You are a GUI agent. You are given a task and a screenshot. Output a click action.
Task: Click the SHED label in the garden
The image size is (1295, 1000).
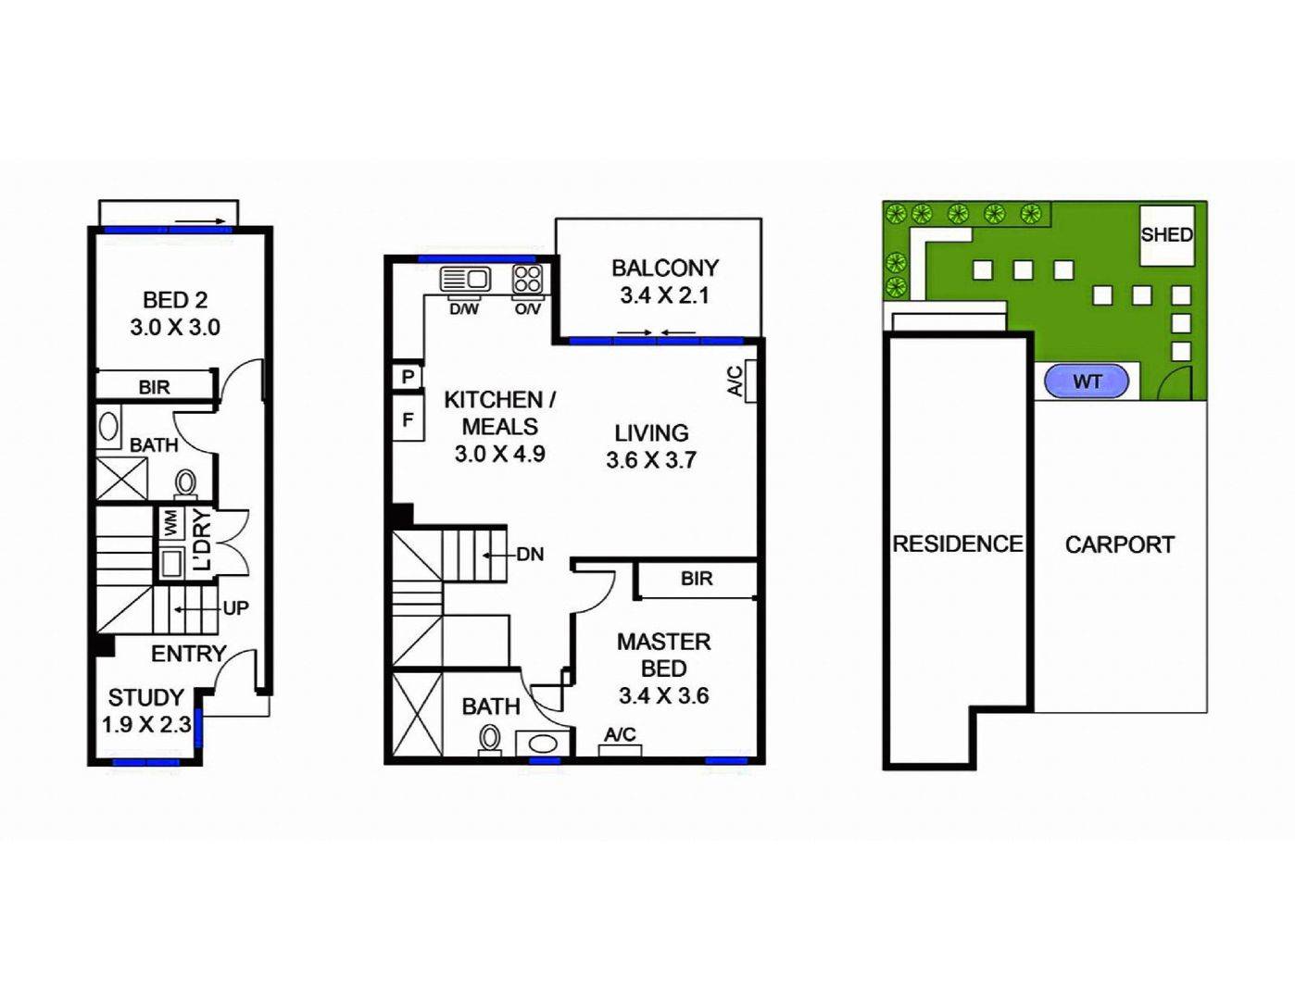click(1166, 235)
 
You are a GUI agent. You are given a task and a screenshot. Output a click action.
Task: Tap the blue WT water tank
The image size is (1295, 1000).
click(1087, 381)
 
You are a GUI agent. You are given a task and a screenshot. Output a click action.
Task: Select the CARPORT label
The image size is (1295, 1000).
click(1119, 544)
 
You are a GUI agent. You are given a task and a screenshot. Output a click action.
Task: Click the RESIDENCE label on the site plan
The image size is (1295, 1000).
click(957, 544)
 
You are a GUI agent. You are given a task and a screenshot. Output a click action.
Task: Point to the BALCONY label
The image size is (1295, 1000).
click(665, 269)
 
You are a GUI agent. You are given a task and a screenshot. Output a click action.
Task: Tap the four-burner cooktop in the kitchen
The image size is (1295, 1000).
click(528, 279)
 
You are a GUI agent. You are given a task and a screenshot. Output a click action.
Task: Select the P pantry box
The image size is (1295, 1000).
click(408, 378)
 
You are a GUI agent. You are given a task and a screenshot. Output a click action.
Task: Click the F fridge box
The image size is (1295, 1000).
click(408, 420)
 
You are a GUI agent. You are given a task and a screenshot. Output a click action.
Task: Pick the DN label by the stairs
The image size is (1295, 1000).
click(530, 555)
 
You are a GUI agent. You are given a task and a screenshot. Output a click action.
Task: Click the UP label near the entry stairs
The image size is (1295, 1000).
click(235, 608)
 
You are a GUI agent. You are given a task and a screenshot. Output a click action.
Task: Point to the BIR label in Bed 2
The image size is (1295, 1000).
click(155, 387)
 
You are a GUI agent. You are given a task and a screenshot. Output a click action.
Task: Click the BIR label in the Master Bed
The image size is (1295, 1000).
click(697, 579)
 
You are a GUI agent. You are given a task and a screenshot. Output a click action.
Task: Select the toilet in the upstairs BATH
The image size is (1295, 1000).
click(490, 738)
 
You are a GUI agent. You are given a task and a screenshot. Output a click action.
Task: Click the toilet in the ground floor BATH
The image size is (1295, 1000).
click(186, 481)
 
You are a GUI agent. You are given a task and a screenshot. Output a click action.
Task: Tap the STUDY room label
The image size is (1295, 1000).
click(145, 697)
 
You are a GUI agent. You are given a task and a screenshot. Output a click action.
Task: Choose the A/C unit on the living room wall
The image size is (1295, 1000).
click(751, 381)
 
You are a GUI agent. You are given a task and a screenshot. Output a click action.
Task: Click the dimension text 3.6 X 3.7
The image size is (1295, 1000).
click(651, 460)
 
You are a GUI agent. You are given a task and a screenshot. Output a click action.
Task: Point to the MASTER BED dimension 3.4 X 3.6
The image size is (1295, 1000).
click(663, 695)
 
